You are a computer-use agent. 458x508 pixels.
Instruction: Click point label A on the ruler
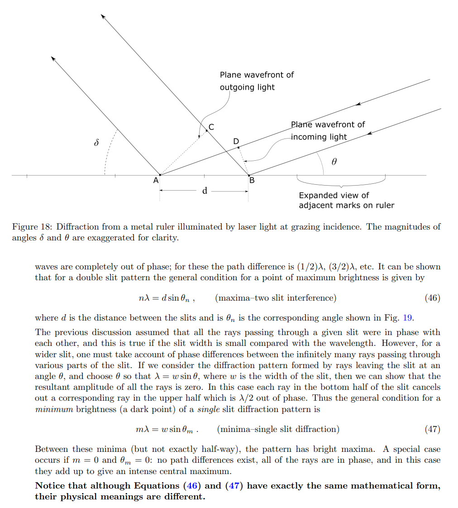(x=156, y=180)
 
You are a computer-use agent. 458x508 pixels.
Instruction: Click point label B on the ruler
(x=252, y=180)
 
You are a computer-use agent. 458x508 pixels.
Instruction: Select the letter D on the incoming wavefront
(x=236, y=141)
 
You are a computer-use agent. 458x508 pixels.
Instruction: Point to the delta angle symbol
(x=96, y=143)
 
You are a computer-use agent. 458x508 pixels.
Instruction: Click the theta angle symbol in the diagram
(x=334, y=161)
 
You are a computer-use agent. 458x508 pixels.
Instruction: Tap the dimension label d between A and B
(x=205, y=191)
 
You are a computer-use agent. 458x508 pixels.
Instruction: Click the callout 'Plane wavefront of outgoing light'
(x=256, y=81)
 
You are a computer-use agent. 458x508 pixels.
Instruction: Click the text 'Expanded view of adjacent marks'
(x=346, y=200)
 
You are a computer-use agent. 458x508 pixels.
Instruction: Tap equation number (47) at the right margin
(x=432, y=429)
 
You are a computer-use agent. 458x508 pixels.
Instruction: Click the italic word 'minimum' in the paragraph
(x=51, y=409)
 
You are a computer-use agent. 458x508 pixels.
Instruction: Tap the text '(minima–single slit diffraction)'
(x=278, y=429)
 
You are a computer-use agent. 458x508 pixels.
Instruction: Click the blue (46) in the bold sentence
(x=191, y=485)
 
